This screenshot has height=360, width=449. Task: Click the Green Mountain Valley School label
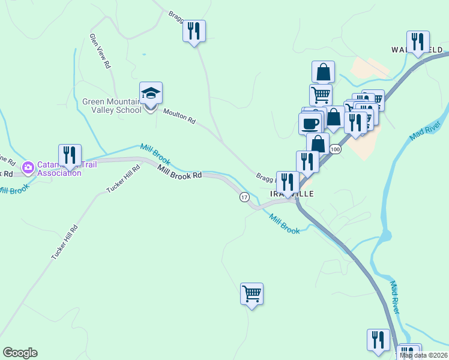click(112, 106)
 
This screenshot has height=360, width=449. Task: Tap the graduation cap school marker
click(151, 93)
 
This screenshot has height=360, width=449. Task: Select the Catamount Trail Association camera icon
click(28, 167)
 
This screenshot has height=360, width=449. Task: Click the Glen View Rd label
click(101, 50)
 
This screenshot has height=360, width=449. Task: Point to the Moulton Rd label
click(179, 116)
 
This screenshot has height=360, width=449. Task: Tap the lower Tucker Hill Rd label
click(65, 242)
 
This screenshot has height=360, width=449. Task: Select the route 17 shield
click(244, 197)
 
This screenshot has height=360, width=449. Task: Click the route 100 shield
click(335, 149)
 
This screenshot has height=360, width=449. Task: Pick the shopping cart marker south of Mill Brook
click(252, 294)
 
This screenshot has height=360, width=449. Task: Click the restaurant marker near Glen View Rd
click(194, 31)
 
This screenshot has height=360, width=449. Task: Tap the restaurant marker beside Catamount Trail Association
click(70, 155)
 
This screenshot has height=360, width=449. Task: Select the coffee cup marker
click(310, 123)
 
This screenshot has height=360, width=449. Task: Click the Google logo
click(20, 353)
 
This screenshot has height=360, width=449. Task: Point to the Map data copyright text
click(423, 355)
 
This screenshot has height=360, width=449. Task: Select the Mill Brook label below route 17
click(283, 224)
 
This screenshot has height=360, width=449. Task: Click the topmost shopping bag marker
click(323, 72)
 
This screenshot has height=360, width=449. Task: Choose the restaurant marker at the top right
click(418, 41)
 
